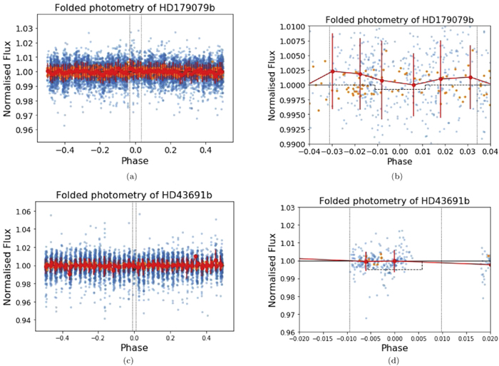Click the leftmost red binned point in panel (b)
pyautogui.click(x=333, y=71)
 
